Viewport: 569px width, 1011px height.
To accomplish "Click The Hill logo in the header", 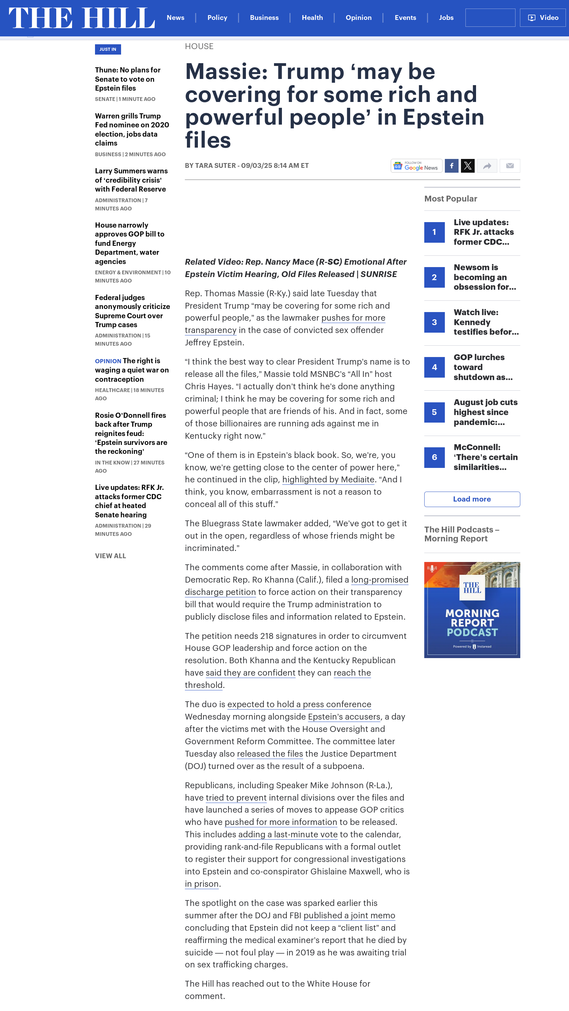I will tap(82, 18).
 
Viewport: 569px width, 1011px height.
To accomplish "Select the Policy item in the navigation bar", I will tap(217, 18).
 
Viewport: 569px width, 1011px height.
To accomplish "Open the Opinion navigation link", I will tap(358, 18).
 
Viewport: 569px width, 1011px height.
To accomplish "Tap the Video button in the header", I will tap(543, 18).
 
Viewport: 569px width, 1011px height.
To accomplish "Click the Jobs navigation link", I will tap(446, 18).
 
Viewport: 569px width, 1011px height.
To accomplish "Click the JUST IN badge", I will tap(108, 49).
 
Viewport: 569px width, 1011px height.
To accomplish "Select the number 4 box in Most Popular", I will tap(434, 367).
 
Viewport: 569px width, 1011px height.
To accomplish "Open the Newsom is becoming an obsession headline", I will tap(485, 277).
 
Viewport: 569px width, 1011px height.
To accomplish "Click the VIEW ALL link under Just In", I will tap(110, 556).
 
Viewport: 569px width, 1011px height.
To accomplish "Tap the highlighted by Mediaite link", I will tap(328, 480).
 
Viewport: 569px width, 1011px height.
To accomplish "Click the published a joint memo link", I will tap(349, 916).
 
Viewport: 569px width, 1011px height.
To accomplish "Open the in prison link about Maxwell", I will tap(202, 884).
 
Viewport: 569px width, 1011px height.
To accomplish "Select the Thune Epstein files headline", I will tap(128, 79).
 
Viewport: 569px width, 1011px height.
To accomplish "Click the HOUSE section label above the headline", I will tap(199, 46).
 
